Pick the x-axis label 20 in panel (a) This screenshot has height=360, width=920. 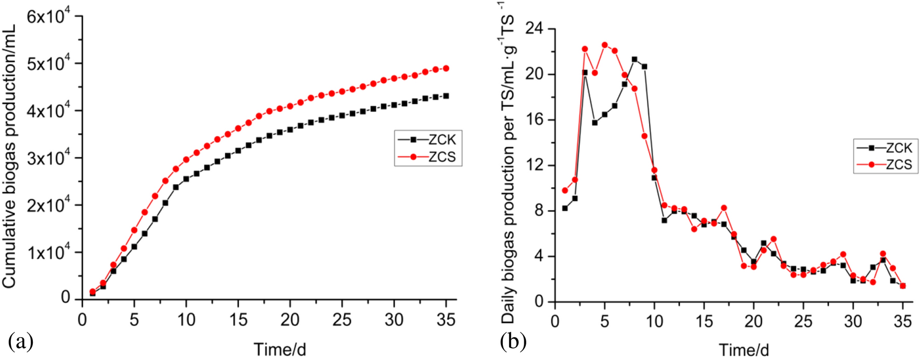click(290, 319)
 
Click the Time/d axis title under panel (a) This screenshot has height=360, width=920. click(279, 349)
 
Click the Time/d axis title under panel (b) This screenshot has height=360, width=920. click(744, 350)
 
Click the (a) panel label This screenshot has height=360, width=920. click(21, 342)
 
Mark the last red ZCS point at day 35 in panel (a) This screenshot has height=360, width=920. click(446, 68)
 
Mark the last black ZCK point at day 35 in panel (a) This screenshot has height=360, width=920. click(446, 96)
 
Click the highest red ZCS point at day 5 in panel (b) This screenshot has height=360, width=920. click(604, 45)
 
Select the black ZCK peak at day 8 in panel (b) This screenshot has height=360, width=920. click(634, 59)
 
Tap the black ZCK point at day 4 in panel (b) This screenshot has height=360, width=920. click(594, 123)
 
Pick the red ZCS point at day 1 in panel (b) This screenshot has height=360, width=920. click(565, 190)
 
